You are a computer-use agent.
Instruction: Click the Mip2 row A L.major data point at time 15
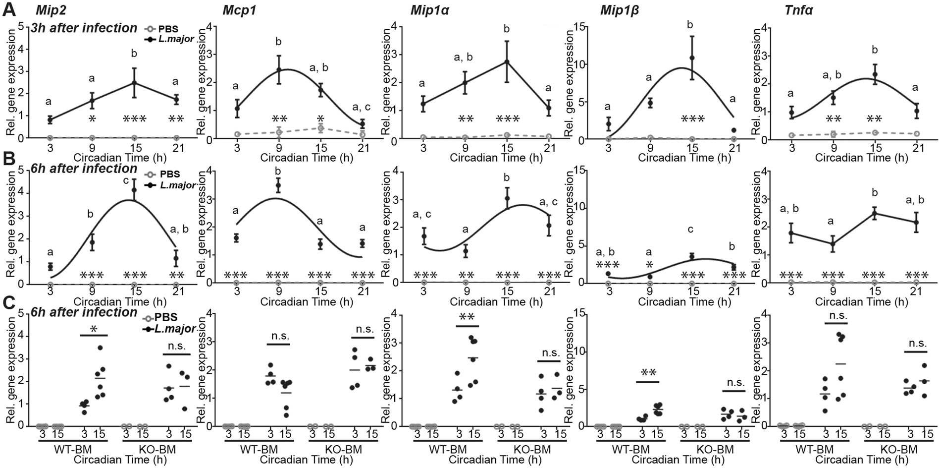[134, 83]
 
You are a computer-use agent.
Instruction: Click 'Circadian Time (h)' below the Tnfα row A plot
[861, 158]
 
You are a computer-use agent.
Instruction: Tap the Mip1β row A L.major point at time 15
[692, 58]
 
